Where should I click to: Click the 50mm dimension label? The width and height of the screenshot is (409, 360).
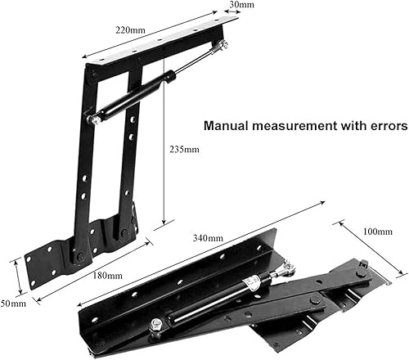tap(12, 303)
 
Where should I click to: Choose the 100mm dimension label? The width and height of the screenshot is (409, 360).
tap(375, 231)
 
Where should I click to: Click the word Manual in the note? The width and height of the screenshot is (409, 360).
tap(228, 127)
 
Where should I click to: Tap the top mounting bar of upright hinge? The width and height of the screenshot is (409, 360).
tap(155, 49)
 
